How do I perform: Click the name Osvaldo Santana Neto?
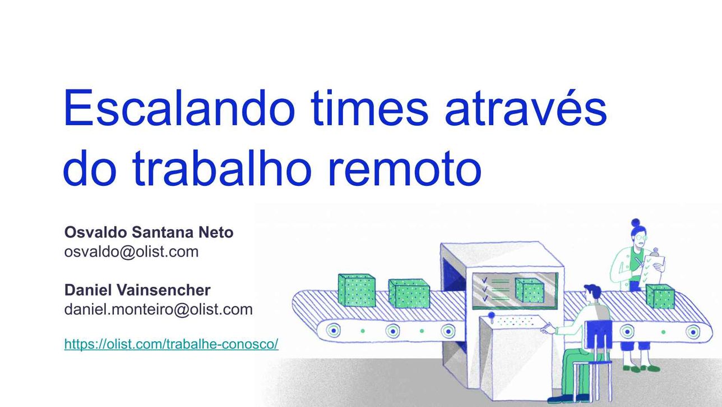point(149,232)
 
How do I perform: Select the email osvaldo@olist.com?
point(131,251)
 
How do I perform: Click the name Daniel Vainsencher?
point(137,290)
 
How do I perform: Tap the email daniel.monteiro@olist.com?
point(158,309)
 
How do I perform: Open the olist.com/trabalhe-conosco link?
point(171,344)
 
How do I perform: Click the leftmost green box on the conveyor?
point(357,290)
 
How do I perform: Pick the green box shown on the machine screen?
point(530,290)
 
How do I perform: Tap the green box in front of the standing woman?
point(660,296)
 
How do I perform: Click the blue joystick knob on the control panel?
point(491,314)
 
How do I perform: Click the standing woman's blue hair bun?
point(636,222)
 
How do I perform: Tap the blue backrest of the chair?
point(599,335)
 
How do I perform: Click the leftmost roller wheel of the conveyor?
point(334,331)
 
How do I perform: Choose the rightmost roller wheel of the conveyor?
point(693,331)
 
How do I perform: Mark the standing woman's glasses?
point(640,238)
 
